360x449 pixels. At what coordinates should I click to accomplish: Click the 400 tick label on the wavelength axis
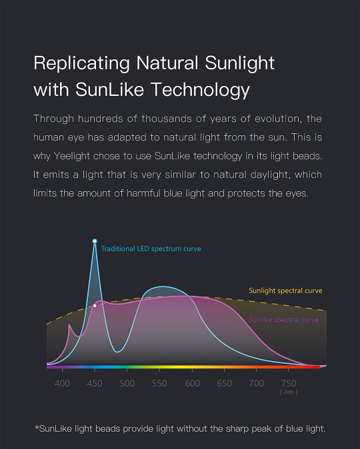pos(62,383)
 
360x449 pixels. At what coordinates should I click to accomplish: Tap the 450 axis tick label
pos(95,383)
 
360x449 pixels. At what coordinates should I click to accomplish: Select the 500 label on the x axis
pos(127,383)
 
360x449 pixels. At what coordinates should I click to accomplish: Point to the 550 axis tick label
pos(159,383)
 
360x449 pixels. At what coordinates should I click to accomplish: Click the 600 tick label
pos(192,383)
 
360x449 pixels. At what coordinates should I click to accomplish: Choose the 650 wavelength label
pos(225,383)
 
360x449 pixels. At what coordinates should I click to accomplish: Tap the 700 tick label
pos(257,383)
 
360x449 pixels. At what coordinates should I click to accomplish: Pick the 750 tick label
pos(289,383)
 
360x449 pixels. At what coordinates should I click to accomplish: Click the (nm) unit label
pos(289,392)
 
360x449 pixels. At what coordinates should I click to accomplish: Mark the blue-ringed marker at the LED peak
pos(95,241)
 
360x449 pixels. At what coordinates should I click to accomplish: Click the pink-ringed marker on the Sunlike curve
pos(95,306)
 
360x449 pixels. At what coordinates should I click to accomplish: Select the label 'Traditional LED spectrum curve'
pos(151,249)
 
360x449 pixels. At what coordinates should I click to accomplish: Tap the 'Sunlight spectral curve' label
pos(285,290)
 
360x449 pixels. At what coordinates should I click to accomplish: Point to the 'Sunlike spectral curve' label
pos(284,320)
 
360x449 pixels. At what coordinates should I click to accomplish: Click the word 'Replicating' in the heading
pos(82,64)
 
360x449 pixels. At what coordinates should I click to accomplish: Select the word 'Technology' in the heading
pos(200,90)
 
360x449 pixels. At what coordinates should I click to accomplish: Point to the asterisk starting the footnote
pos(37,427)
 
